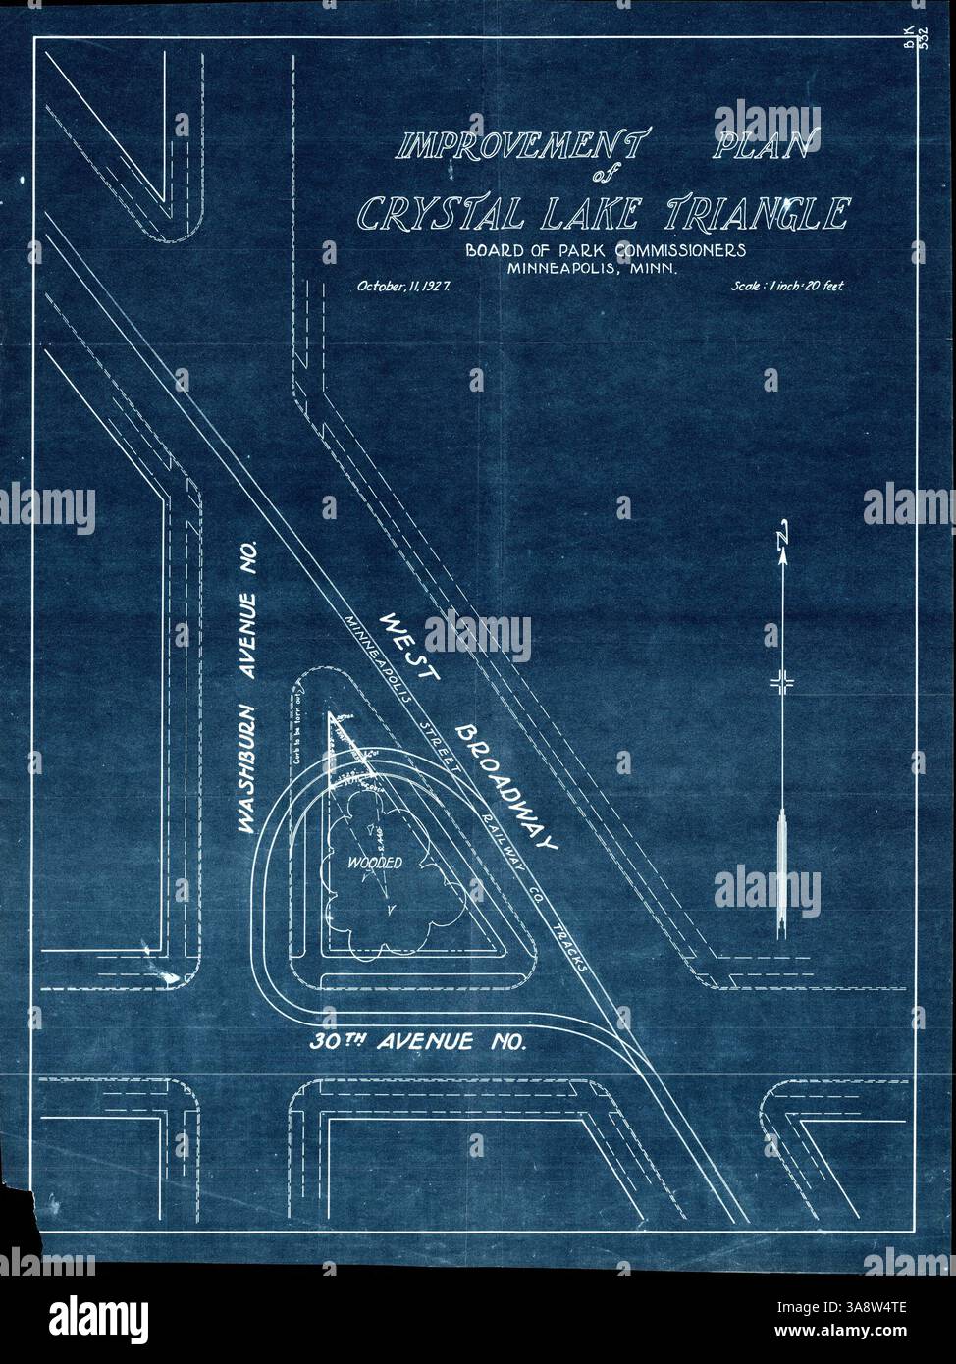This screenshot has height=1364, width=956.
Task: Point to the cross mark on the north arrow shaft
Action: [782, 684]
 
